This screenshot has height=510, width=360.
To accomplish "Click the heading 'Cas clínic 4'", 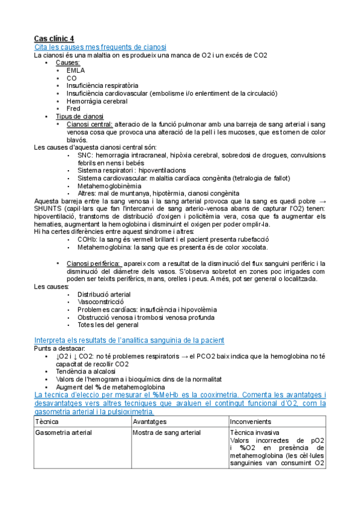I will tap(54, 38).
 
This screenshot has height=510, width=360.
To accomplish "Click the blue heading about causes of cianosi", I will tap(100, 47).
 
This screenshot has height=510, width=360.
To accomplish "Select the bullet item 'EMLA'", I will tap(76, 70).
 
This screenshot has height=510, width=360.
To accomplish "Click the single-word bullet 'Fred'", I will tap(73, 109).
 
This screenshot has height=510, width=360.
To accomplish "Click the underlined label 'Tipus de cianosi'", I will tap(79, 116).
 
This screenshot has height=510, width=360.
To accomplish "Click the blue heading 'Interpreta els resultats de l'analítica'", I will tap(129, 340).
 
